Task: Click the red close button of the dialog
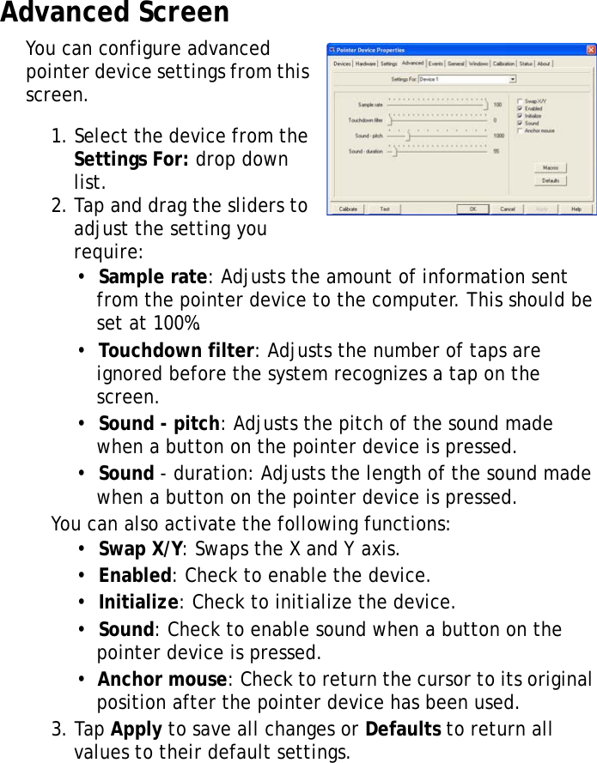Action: (591, 50)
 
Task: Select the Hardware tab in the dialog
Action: (366, 64)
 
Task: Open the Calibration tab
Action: (504, 64)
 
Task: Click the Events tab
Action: (436, 64)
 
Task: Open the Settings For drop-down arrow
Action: (513, 79)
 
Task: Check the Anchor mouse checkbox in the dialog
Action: (520, 130)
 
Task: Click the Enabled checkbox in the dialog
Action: (520, 108)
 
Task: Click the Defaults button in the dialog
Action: (550, 181)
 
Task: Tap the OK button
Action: (472, 209)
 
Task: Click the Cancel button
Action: (508, 209)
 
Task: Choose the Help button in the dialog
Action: (576, 209)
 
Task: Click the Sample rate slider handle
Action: (485, 105)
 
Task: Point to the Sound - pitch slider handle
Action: (408, 136)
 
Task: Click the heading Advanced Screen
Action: (115, 13)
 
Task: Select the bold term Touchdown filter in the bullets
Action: (176, 351)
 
